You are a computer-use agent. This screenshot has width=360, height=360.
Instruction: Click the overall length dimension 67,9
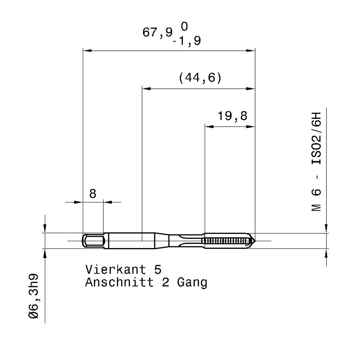click(157, 32)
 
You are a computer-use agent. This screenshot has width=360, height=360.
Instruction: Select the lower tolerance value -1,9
click(187, 41)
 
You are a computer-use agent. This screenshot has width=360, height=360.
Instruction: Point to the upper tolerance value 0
click(184, 27)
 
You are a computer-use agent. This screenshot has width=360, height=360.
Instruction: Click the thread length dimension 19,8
click(232, 116)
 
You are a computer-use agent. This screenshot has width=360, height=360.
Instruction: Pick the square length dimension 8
click(92, 194)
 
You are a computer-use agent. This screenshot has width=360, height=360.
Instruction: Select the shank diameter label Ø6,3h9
click(34, 296)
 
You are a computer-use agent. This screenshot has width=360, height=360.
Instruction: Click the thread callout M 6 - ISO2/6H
click(316, 162)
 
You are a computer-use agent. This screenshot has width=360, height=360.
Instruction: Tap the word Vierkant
click(116, 269)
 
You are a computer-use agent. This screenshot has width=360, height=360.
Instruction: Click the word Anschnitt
click(119, 282)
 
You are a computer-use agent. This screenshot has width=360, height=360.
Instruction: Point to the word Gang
click(192, 283)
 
